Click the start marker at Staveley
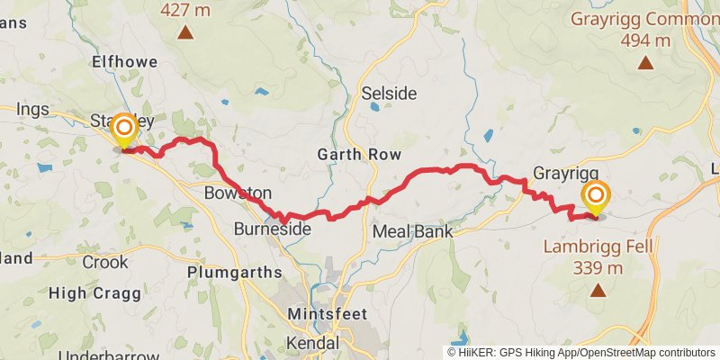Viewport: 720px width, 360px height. tap(123, 131)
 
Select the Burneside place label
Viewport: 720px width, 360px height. tap(273, 230)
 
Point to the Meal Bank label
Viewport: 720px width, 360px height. tap(413, 231)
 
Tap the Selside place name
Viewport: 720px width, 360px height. tap(384, 93)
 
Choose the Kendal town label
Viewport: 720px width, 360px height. tap(311, 343)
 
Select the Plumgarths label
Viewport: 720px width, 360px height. tap(228, 271)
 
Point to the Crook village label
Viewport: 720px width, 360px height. tap(105, 262)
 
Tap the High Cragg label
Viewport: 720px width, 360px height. tap(93, 292)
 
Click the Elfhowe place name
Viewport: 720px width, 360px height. tap(124, 62)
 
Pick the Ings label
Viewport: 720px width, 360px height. tap(32, 109)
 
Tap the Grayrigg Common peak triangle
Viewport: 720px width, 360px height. tap(645, 62)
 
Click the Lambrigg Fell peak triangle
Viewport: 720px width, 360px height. tap(597, 290)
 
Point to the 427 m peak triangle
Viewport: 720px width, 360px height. tap(184, 34)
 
